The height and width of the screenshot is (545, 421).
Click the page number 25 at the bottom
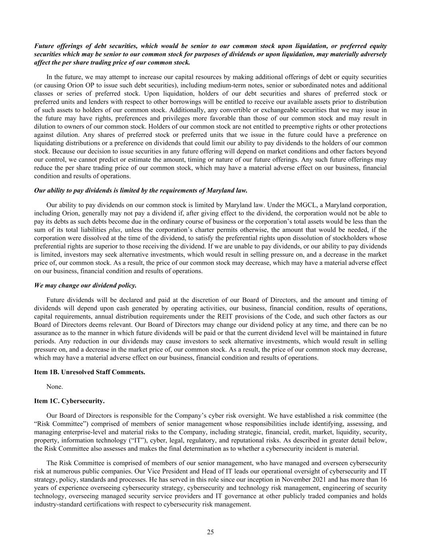210,531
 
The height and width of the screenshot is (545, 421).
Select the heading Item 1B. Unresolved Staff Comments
89,372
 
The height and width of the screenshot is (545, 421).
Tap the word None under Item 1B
54,386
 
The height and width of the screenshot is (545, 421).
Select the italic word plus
115,230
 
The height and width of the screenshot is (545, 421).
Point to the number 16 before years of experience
383,479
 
